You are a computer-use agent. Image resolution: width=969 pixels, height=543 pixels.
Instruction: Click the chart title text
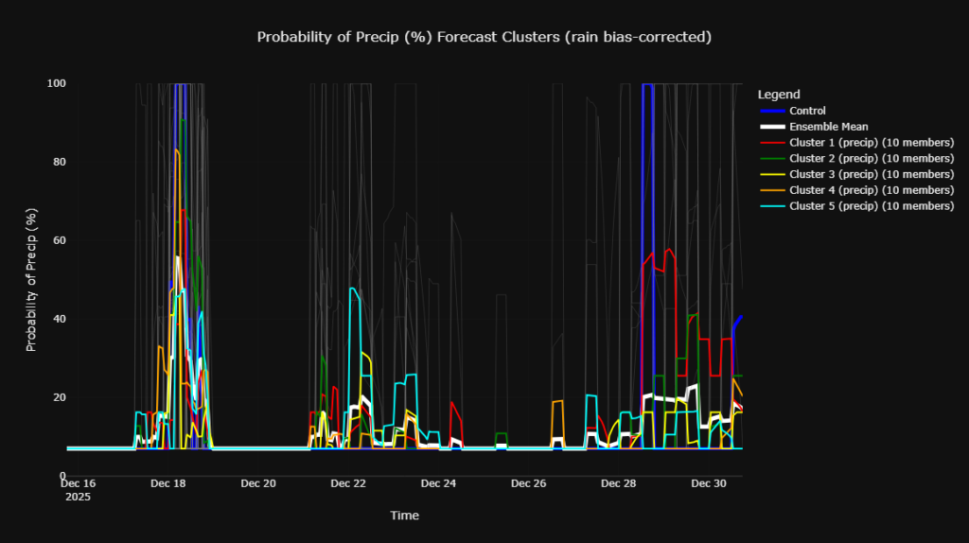pyautogui.click(x=484, y=37)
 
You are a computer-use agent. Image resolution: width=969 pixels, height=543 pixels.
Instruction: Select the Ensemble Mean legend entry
pyautogui.click(x=828, y=127)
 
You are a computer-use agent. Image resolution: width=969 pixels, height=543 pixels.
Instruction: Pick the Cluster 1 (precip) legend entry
pyautogui.click(x=871, y=143)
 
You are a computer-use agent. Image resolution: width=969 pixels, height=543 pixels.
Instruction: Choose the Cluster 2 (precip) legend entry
pyautogui.click(x=871, y=158)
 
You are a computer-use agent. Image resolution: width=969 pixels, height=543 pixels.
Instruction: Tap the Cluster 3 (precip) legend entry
pyautogui.click(x=871, y=174)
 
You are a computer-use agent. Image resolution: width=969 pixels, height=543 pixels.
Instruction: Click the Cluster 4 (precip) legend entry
pyautogui.click(x=871, y=190)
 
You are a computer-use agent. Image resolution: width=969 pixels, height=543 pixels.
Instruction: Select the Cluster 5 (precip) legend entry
pyautogui.click(x=871, y=206)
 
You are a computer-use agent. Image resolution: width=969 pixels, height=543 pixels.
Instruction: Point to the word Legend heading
pyautogui.click(x=779, y=95)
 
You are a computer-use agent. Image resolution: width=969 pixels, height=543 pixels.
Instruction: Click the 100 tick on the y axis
pyautogui.click(x=57, y=83)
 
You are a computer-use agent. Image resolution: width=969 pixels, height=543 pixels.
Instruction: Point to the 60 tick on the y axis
pyautogui.click(x=59, y=240)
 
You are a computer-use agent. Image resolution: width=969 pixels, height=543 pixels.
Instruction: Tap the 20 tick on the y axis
pyautogui.click(x=59, y=397)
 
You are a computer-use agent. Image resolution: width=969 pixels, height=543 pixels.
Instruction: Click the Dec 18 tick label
pyautogui.click(x=168, y=483)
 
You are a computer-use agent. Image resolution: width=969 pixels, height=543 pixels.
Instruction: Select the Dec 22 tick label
pyautogui.click(x=348, y=483)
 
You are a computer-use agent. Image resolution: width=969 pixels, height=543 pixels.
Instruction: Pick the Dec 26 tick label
pyautogui.click(x=528, y=483)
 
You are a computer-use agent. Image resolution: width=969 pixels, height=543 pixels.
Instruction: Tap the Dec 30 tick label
pyautogui.click(x=708, y=483)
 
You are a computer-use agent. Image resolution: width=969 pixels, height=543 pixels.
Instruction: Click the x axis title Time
pyautogui.click(x=404, y=516)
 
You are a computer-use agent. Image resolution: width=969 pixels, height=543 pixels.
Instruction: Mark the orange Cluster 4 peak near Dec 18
pyautogui.click(x=175, y=149)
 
